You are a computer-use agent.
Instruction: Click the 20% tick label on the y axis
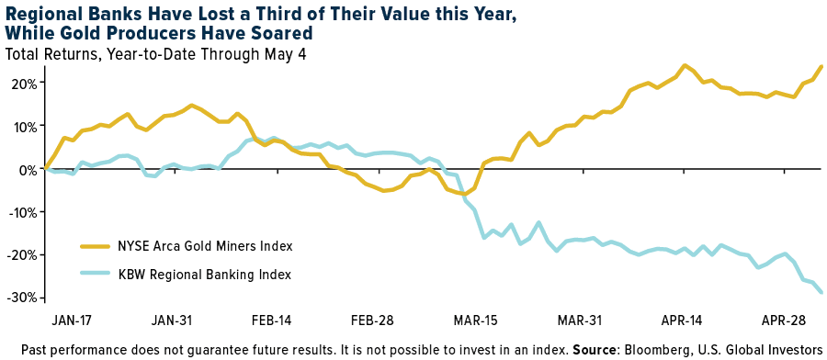tap(24, 83)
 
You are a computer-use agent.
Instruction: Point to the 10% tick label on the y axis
tap(24, 126)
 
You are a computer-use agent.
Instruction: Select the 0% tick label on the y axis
tap(28, 169)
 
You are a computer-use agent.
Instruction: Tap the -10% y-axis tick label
tap(22, 212)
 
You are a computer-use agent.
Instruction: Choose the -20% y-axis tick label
tap(22, 255)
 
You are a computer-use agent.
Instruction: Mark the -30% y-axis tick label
tap(22, 298)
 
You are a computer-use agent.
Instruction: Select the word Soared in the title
tap(278, 34)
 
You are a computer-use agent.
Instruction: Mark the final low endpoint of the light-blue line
tap(821, 293)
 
